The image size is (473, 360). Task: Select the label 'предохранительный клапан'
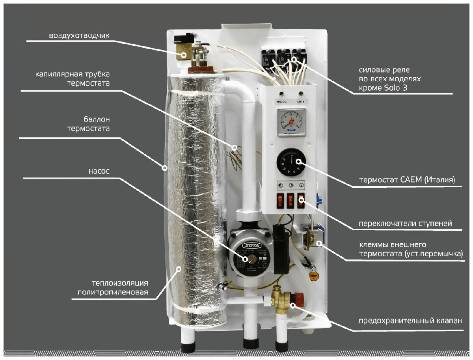pos(410,320)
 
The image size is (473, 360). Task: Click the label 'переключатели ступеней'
pos(405,224)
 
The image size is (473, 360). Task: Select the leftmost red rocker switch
pos(280,200)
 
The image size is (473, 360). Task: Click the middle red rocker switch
pos(291,200)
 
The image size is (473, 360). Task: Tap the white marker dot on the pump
pos(245,259)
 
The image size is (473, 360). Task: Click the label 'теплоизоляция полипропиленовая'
pos(120,287)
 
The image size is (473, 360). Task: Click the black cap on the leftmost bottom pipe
pos(188,347)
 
